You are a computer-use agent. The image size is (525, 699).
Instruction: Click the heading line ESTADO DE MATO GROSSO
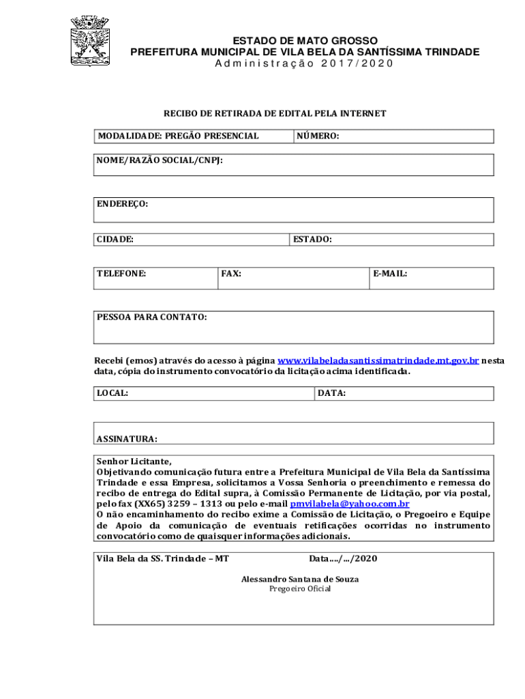point(305,41)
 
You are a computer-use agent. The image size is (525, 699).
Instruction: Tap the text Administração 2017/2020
point(304,63)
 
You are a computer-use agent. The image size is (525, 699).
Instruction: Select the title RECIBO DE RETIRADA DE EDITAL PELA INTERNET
point(274,113)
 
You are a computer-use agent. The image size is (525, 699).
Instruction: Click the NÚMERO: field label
point(318,136)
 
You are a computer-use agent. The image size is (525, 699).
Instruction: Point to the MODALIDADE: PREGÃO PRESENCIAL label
point(178,136)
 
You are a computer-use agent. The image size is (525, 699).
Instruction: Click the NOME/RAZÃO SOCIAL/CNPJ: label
point(160,160)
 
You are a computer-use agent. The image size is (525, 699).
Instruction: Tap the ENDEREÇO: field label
point(123,204)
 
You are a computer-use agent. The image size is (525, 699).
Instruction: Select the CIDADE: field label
point(115,240)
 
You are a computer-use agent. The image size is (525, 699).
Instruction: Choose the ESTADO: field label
point(312,240)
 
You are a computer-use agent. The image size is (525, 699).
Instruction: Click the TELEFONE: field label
point(121,274)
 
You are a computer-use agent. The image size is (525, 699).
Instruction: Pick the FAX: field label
point(231,274)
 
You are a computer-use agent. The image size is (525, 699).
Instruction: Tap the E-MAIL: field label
point(390,274)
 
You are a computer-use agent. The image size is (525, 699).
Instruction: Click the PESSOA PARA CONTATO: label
point(152,317)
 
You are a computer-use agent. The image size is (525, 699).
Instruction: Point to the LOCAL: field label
point(112,393)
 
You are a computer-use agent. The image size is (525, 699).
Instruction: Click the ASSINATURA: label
point(127,439)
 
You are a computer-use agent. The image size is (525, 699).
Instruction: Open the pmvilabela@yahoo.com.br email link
point(350,504)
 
